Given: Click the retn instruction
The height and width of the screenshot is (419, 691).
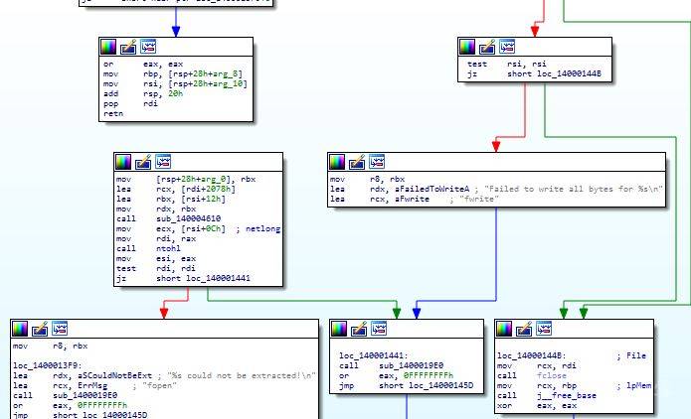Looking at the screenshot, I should pos(111,114).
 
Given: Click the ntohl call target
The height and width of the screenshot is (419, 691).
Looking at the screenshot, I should pos(167,247).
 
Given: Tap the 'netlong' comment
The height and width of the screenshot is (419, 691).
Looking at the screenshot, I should pos(259,229).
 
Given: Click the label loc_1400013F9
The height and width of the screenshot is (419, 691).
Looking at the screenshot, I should pos(43,364).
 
